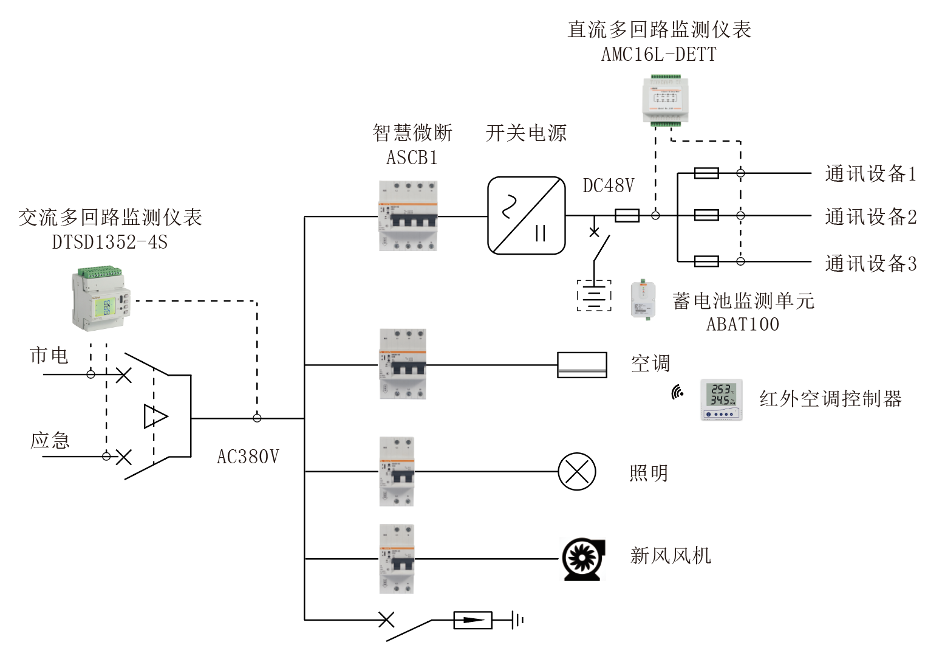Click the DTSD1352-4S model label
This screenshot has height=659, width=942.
coord(109,242)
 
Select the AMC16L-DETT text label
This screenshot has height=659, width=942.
coord(658,55)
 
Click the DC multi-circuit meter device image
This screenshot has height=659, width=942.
coord(666,101)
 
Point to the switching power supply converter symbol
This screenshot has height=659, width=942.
coord(527,215)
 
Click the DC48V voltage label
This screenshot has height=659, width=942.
coord(608,185)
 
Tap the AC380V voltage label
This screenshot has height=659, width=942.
coord(248,457)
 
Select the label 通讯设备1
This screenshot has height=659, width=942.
coord(870,174)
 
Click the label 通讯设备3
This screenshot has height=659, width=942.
coord(870,264)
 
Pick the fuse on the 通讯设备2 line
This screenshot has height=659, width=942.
coord(706,215)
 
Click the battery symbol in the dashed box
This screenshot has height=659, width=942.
coord(594,295)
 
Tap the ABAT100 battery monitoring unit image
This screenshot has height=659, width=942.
coord(643,300)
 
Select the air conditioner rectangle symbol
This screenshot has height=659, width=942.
coord(582,365)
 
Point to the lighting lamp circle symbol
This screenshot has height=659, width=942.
coord(577,471)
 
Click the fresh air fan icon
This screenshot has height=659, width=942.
coord(582,559)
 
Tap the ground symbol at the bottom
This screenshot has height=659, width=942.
coord(517,620)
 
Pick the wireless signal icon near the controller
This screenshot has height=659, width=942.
coord(678,393)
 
